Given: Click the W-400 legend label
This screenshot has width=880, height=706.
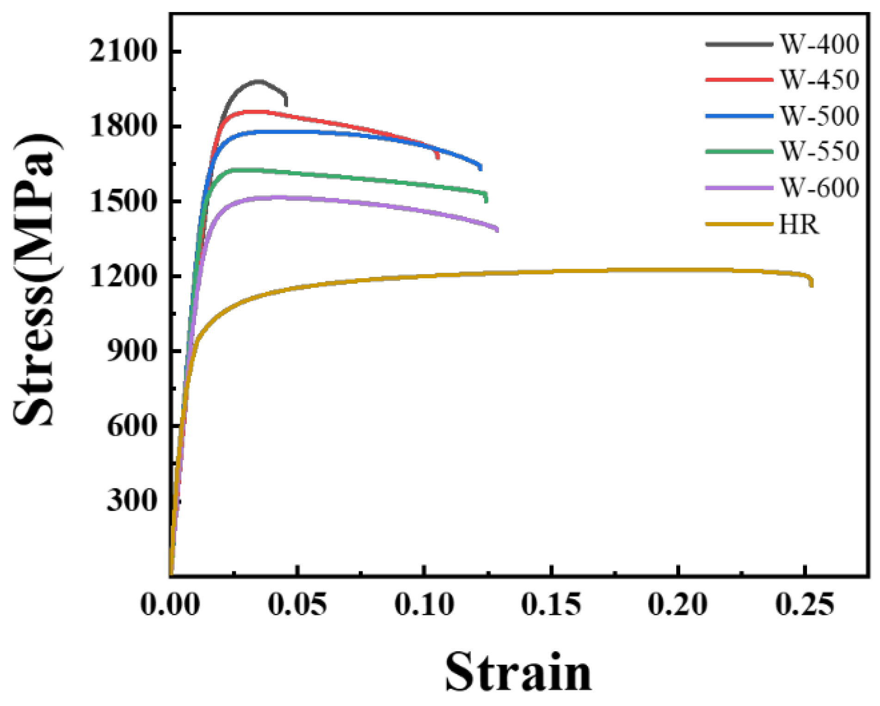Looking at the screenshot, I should click(x=819, y=44).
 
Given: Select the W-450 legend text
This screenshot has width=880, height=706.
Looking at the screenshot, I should click(x=819, y=80).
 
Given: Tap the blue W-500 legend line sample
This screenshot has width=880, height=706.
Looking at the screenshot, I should click(x=739, y=116).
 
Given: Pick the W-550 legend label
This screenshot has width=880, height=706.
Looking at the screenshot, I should click(x=819, y=151).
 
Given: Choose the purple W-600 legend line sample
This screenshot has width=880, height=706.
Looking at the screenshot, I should click(x=739, y=188).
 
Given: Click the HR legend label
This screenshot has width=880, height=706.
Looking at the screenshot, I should click(x=799, y=225).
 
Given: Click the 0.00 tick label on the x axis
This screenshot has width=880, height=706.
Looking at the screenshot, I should click(x=170, y=604).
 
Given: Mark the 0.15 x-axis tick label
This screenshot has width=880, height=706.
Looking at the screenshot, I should click(x=551, y=604).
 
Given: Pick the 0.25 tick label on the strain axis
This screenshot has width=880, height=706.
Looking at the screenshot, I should click(x=805, y=604).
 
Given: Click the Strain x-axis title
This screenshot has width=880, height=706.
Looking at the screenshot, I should click(x=518, y=671).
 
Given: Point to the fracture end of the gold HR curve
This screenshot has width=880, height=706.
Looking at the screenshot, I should click(x=812, y=286).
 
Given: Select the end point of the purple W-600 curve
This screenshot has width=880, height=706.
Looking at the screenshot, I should click(x=498, y=230).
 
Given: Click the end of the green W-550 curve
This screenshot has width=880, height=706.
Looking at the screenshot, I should click(x=486, y=200).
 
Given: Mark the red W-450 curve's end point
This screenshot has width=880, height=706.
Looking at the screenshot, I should click(x=437, y=157).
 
